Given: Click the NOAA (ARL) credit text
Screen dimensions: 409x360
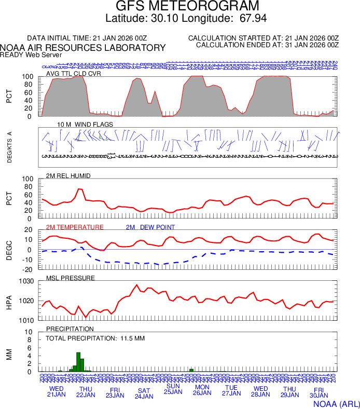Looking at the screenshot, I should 336,403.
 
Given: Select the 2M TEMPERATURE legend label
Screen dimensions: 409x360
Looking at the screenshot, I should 75,227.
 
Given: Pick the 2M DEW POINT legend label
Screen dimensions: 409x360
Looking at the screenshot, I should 150,227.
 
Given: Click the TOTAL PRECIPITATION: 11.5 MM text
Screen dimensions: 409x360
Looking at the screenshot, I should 95,338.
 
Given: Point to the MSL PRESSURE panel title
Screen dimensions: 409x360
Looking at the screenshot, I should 70,278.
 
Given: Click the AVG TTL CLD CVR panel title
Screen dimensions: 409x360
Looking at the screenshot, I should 73,73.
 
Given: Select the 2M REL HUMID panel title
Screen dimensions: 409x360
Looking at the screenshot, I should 68,176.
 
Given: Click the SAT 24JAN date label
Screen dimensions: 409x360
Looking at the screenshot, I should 144,393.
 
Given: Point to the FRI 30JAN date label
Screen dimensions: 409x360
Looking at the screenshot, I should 319,393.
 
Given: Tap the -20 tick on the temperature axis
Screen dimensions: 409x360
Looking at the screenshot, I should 28,269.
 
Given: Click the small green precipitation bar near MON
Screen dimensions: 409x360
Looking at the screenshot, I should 191,370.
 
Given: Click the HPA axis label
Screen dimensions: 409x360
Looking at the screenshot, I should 9,301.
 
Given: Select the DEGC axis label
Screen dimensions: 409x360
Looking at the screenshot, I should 9,249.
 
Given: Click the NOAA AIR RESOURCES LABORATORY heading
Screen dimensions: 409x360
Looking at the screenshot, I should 83,48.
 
